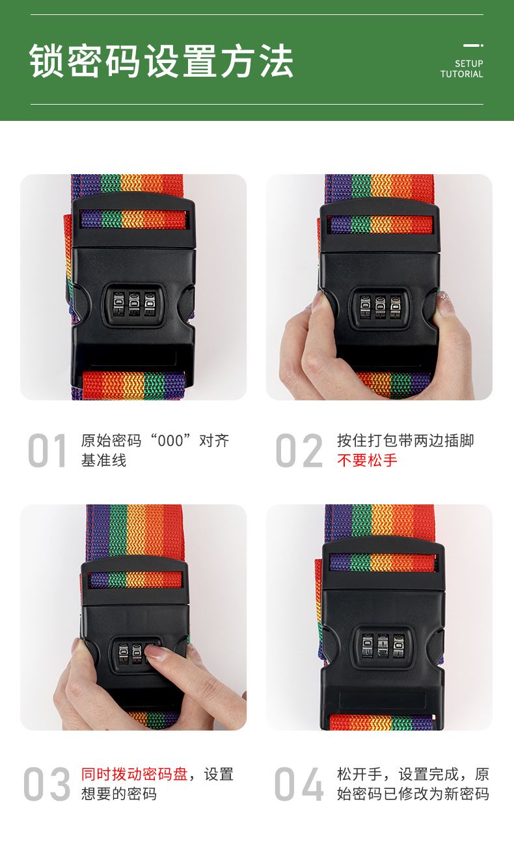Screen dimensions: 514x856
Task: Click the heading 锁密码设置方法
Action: pyautogui.click(x=161, y=60)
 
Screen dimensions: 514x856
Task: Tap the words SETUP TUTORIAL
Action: pyautogui.click(x=461, y=69)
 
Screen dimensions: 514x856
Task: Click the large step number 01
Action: pyautogui.click(x=47, y=450)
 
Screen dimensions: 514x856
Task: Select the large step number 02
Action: pyautogui.click(x=299, y=450)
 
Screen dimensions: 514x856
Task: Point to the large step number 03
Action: pyautogui.click(x=47, y=783)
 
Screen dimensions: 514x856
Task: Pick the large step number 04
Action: pyautogui.click(x=299, y=783)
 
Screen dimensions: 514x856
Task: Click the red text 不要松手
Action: pyautogui.click(x=367, y=460)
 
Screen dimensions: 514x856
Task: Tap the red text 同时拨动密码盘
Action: pyautogui.click(x=134, y=774)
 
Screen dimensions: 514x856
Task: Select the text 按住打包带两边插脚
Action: pyautogui.click(x=405, y=441)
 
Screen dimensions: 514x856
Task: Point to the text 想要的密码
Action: pyautogui.click(x=119, y=794)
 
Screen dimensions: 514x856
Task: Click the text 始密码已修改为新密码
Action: pyautogui.click(x=413, y=794)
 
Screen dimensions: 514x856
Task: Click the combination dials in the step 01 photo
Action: pyautogui.click(x=133, y=304)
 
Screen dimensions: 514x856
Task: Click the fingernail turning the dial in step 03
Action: pyautogui.click(x=155, y=652)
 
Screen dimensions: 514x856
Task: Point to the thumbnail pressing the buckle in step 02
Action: pyautogui.click(x=319, y=301)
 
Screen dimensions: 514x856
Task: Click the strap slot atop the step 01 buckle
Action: pyautogui.click(x=133, y=219)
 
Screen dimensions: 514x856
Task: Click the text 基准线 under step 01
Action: pyautogui.click(x=103, y=460)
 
